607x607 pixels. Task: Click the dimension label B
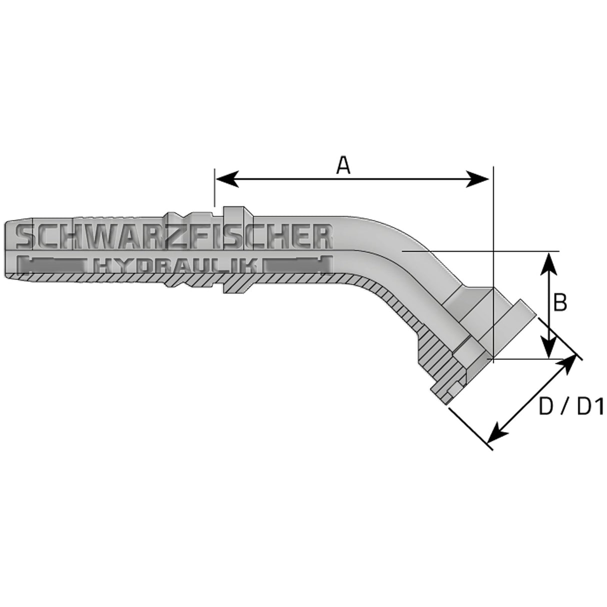pyautogui.click(x=560, y=302)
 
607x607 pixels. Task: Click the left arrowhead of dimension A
pyautogui.click(x=223, y=178)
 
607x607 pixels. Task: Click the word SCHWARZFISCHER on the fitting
pyautogui.click(x=174, y=236)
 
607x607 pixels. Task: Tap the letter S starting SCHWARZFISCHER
pyautogui.click(x=26, y=236)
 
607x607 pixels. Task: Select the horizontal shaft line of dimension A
pyautogui.click(x=350, y=178)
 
